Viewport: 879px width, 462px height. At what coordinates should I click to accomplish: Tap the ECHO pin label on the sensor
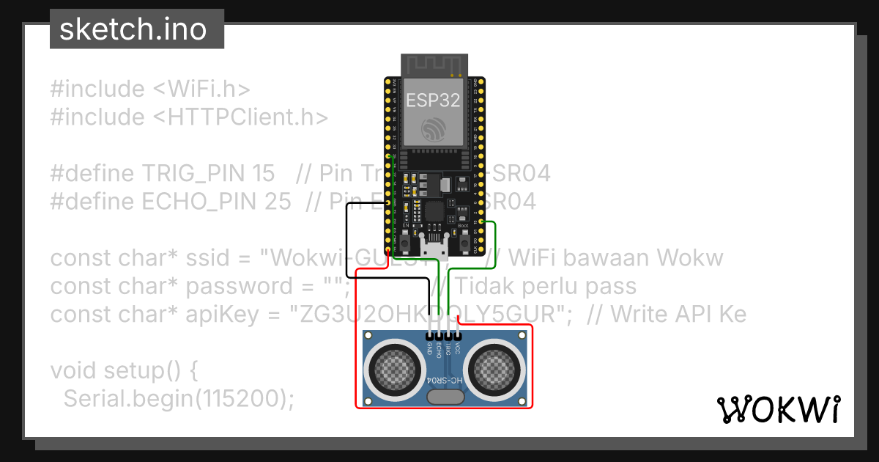439,349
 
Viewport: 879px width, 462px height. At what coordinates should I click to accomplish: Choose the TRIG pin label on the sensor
448,349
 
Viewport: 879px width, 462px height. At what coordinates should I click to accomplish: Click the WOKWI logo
778,410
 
